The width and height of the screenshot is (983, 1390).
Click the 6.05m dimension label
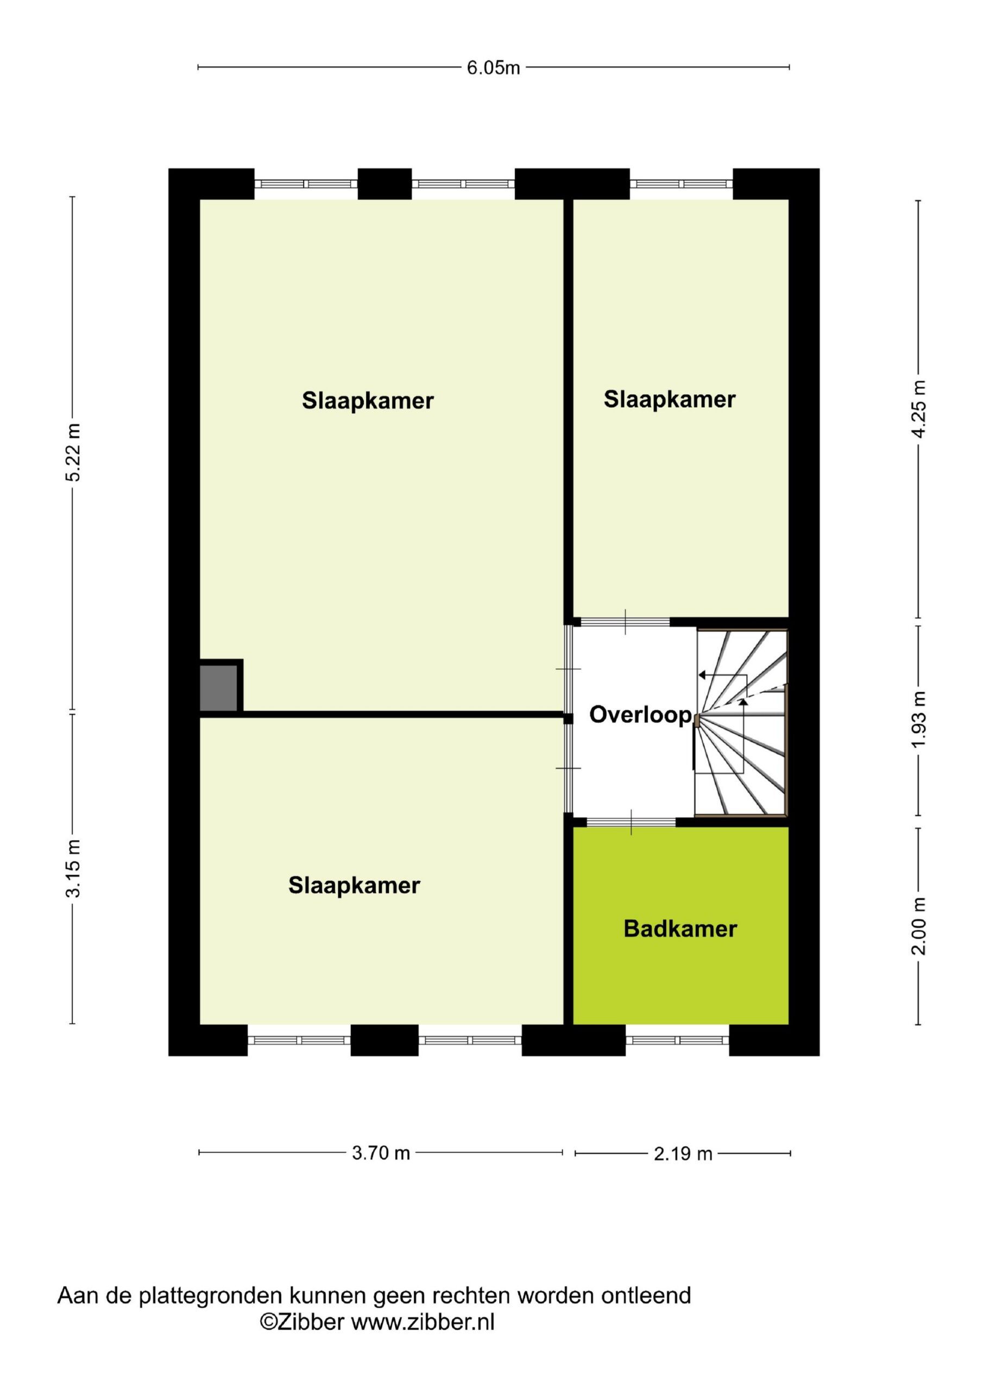point(493,68)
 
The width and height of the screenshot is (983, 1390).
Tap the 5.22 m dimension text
point(73,452)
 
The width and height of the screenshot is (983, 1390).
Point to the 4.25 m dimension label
point(919,409)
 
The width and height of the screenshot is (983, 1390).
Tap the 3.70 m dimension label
point(381,1153)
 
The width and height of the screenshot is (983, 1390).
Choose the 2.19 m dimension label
point(683,1154)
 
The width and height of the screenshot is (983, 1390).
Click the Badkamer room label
point(680,928)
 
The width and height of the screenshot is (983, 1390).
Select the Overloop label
point(640,715)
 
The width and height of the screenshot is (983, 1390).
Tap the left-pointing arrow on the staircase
point(704,674)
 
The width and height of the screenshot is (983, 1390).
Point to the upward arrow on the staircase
point(743,702)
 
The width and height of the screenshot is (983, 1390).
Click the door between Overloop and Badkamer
point(631,822)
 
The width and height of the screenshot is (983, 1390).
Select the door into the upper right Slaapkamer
point(625,622)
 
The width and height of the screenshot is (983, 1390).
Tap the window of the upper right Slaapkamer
point(681,184)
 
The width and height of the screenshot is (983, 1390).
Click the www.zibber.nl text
point(423,1322)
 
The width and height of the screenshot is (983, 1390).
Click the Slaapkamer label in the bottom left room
point(354,885)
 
